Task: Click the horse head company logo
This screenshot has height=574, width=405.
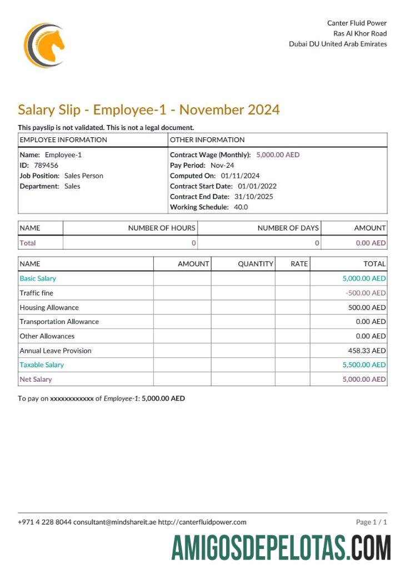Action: pos(44,46)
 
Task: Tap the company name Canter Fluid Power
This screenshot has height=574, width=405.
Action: pos(357,23)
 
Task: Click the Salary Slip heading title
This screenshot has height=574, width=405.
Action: pos(148,109)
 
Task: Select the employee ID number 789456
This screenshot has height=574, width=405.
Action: pos(46,165)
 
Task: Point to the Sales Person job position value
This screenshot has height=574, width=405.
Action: pos(84,176)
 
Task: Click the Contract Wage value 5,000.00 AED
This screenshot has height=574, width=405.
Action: pos(278,155)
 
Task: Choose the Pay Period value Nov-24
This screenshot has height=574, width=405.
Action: pos(222,165)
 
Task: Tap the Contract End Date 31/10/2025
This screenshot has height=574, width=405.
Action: pos(254,196)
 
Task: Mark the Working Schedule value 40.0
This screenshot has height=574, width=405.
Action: pos(241,207)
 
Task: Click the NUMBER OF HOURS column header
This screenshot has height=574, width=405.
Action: pos(162,228)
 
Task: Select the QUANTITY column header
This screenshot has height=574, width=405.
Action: pos(256,264)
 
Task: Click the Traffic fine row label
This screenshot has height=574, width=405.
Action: pos(37,293)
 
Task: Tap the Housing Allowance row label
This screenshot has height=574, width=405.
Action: pos(49,307)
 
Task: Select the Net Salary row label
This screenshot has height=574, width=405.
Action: pos(36,379)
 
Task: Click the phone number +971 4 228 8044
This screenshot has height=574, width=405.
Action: pos(44,522)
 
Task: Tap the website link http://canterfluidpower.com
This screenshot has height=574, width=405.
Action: pos(202,522)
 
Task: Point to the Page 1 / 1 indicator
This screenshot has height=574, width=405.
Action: pos(371,522)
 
